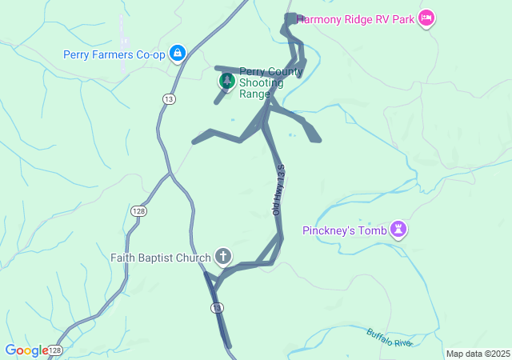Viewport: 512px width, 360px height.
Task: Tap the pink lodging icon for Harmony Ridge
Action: coord(426,18)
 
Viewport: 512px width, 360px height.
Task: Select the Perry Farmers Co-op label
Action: coord(114,54)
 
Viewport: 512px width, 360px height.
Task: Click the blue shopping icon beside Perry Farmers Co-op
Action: coord(177,54)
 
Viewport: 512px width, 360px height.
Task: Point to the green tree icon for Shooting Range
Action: coord(227,81)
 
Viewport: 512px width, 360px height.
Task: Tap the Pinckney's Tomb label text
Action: coord(344,231)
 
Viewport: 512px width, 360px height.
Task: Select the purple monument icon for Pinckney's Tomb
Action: coord(398,231)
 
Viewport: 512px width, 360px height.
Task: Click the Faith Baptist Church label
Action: coord(160,258)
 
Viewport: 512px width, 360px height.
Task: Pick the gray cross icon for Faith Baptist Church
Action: coord(223,257)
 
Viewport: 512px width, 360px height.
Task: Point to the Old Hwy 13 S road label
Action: coord(278,190)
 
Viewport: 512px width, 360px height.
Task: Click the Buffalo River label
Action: coord(390,338)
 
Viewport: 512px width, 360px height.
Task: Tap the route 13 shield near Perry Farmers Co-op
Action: coord(168,98)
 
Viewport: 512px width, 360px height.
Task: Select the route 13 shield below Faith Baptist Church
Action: coord(218,308)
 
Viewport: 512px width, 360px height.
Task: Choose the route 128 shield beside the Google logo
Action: coord(54,350)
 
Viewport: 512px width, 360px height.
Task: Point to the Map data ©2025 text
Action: coord(478,354)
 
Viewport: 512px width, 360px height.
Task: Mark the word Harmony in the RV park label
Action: coord(319,18)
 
